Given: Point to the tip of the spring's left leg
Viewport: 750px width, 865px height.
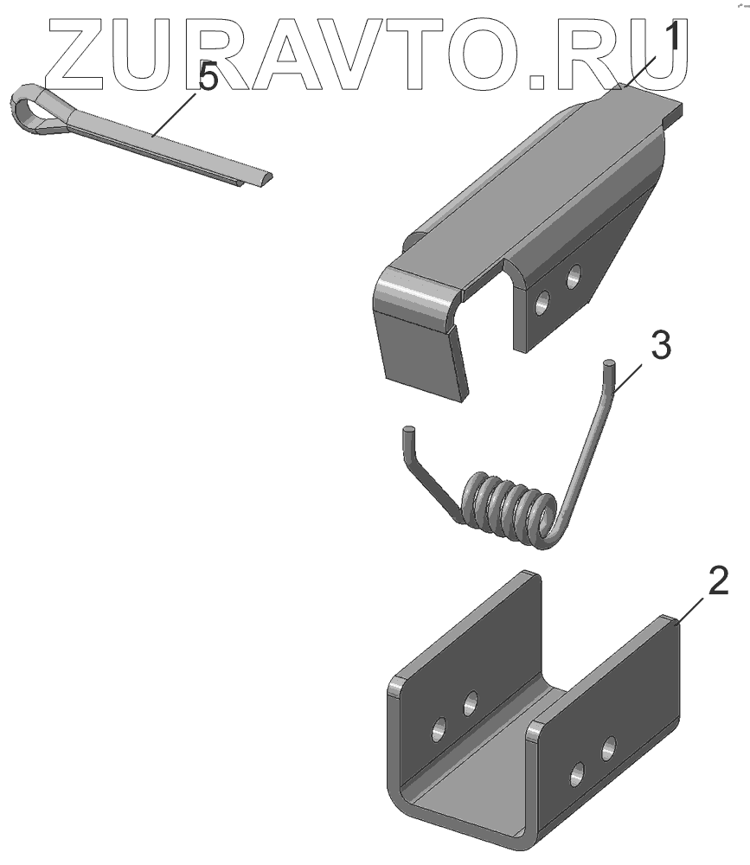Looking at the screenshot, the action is (x=408, y=429).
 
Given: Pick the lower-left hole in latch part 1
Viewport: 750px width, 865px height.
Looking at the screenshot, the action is (x=542, y=303).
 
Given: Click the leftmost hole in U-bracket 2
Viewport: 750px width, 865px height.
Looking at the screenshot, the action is (x=440, y=730).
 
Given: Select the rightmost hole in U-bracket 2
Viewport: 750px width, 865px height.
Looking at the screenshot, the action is (x=609, y=748).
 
